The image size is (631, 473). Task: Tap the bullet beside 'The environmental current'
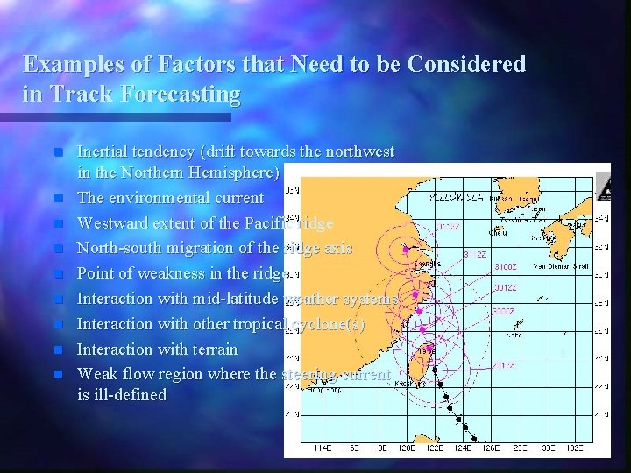(58, 199)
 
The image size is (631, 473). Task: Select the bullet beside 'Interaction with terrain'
(58, 349)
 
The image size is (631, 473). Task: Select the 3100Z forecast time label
(506, 265)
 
